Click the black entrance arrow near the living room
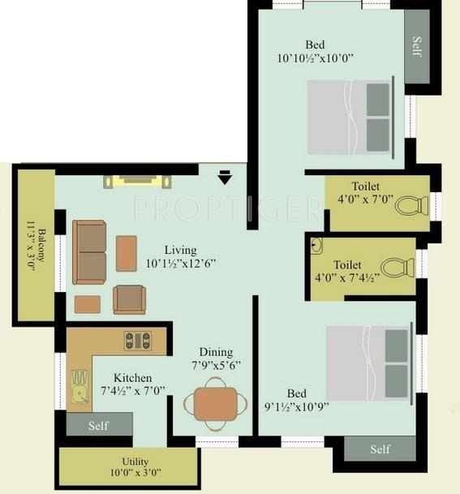click(225, 177)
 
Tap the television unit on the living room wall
click(137, 182)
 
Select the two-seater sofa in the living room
click(89, 252)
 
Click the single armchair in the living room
click(130, 299)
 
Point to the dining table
click(216, 404)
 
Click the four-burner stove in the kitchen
click(138, 341)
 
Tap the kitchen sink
click(80, 387)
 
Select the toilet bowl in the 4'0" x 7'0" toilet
click(412, 206)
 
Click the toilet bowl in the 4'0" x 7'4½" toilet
click(398, 268)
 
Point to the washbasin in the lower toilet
click(316, 246)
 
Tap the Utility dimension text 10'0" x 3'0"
click(135, 473)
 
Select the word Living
click(181, 250)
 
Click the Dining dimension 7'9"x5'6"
click(216, 366)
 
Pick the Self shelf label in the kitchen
click(98, 426)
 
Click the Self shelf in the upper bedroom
click(417, 46)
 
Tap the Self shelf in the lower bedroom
click(380, 449)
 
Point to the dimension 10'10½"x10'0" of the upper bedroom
click(315, 58)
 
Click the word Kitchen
click(132, 378)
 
